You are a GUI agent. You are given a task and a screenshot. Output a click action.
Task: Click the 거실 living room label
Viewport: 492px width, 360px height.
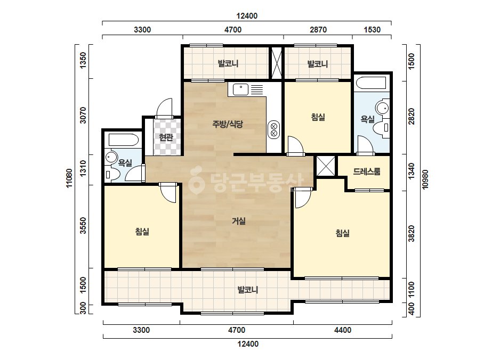click(238, 221)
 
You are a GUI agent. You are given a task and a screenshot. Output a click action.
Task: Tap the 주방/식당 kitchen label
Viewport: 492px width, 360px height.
click(228, 124)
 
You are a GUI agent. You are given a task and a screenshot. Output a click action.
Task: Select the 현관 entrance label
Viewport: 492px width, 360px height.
click(166, 137)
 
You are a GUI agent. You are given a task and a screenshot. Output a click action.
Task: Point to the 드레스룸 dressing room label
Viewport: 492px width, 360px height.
click(367, 171)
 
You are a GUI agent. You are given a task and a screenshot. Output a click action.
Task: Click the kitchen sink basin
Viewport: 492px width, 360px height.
click(240, 89)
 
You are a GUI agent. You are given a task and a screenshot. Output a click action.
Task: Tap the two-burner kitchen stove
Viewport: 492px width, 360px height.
click(273, 130)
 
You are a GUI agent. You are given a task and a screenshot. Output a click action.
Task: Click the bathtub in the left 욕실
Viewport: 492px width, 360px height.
click(123, 140)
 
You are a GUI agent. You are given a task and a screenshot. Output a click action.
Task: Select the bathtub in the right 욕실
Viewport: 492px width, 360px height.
click(372, 83)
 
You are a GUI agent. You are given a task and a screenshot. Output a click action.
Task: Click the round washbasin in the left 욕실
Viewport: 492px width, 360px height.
click(111, 157)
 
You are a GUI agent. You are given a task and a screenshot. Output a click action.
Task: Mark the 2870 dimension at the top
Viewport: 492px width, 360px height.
click(318, 30)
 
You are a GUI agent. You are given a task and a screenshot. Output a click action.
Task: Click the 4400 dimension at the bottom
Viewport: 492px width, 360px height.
click(343, 330)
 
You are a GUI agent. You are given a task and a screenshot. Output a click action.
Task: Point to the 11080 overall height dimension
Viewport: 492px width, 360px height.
click(69, 178)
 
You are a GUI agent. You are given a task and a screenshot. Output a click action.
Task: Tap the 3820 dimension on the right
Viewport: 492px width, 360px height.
click(412, 234)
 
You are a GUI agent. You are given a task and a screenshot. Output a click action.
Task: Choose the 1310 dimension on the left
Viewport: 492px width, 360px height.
click(83, 168)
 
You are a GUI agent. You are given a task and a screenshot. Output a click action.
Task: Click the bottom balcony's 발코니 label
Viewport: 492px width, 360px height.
click(247, 290)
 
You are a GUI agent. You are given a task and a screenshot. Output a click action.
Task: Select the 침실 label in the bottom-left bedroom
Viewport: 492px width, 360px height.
click(142, 232)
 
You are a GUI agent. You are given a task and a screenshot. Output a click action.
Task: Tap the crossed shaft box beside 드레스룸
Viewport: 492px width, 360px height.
click(325, 166)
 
